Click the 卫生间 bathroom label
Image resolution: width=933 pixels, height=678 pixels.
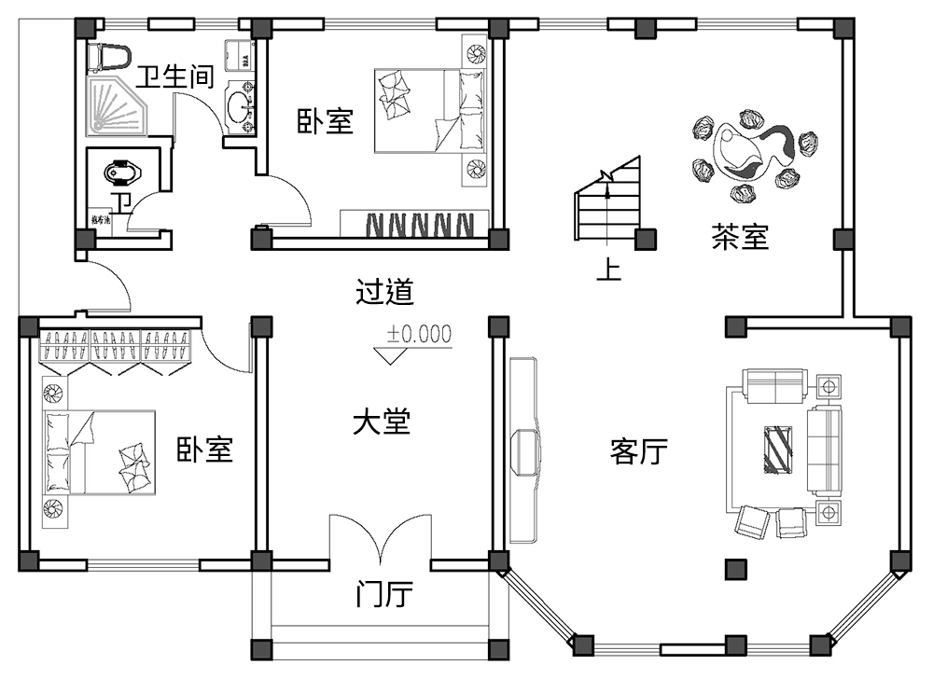point(175,76)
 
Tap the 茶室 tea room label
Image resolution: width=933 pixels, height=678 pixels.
point(740,238)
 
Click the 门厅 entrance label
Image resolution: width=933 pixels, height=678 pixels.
point(384,594)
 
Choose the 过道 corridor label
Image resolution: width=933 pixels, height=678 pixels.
point(384,293)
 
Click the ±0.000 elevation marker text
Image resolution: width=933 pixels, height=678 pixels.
point(419,333)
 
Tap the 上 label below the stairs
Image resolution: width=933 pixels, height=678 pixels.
point(608,270)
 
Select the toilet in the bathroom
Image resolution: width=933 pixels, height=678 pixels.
point(107,57)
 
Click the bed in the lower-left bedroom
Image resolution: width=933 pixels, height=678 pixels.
point(98,451)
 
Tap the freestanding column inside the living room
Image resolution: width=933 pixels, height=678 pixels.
point(736,568)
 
